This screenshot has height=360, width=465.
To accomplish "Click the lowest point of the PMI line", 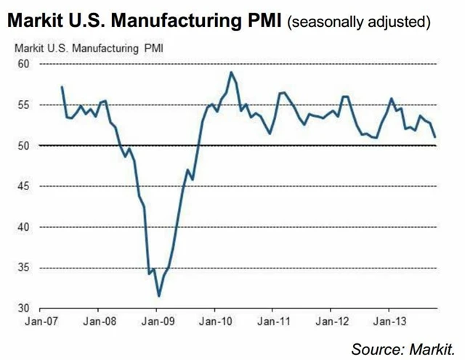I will (x=159, y=296).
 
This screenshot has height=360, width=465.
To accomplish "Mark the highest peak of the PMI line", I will (x=231, y=72).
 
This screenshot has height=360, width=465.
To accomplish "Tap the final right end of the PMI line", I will (x=435, y=136).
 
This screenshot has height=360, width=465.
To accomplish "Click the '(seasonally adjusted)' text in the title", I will (x=360, y=22).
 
